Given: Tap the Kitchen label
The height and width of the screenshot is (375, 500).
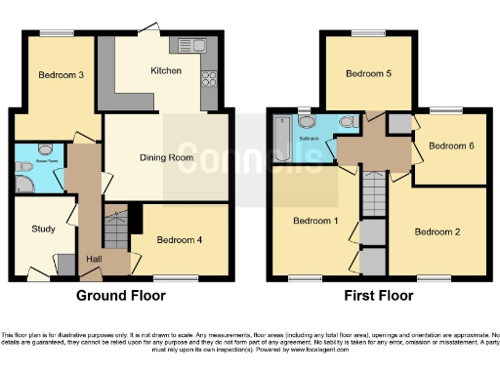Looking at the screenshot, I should (x=162, y=71).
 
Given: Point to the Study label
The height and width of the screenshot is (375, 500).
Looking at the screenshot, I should (x=29, y=229).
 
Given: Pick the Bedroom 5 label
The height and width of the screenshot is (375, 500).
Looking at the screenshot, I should (x=367, y=73).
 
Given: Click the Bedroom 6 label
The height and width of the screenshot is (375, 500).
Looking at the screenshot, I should (x=451, y=146).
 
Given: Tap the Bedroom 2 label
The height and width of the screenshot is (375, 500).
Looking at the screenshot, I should (x=436, y=231).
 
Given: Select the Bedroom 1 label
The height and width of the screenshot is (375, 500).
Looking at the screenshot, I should (x=315, y=221).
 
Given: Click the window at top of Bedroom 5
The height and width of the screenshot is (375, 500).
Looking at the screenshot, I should (x=368, y=34).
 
